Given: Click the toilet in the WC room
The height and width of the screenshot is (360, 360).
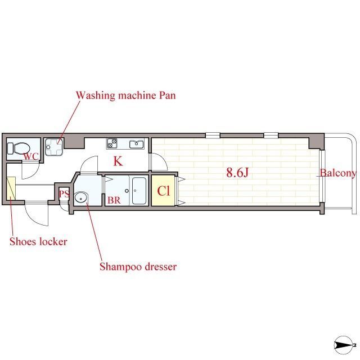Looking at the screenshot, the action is click(19, 148).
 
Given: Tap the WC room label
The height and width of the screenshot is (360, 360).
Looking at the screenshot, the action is click(31, 156).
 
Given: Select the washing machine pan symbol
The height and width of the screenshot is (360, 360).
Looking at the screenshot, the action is click(54, 147).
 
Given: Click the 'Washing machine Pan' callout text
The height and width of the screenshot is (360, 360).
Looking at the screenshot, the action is click(126, 95).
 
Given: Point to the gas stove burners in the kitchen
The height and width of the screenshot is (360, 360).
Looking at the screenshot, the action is click(112, 143).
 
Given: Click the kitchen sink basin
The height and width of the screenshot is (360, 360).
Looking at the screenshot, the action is click(137, 144).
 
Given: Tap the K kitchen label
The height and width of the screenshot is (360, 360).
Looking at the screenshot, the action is click(118, 161).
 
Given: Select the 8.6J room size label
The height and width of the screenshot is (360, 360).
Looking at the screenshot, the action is click(237, 173).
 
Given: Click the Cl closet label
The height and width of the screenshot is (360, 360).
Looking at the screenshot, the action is click(164, 191).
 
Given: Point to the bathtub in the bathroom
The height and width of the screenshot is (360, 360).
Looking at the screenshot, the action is click(139, 191).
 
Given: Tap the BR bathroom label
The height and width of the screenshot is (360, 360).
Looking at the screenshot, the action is click(114, 200).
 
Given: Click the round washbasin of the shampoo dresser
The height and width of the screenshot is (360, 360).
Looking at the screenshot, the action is click(81, 197).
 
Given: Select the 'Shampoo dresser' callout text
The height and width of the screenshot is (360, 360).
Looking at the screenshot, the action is click(138, 267).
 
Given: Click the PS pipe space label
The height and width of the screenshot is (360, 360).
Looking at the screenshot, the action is click(64, 193).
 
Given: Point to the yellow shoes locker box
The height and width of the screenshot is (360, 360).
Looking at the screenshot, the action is click(11, 188).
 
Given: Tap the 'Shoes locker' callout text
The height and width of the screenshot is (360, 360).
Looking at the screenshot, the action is click(38, 241).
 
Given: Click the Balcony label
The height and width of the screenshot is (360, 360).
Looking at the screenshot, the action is click(338, 173).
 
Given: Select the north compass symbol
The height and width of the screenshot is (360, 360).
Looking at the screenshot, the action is click(344, 345).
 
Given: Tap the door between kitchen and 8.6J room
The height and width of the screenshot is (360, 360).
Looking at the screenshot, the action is click(159, 162).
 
